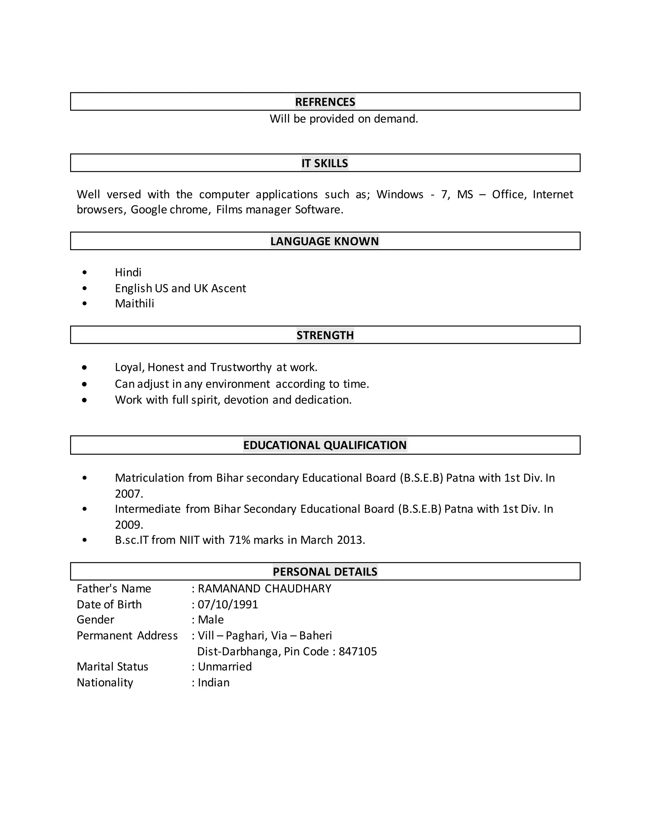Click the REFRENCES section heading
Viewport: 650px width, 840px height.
(325, 102)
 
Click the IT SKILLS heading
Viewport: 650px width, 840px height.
(325, 163)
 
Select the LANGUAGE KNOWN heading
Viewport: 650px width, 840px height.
(325, 241)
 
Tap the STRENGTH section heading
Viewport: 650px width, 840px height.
(325, 335)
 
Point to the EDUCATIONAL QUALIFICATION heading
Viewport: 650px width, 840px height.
(325, 445)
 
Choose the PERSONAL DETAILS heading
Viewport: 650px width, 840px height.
(325, 572)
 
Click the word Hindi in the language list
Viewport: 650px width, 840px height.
(128, 272)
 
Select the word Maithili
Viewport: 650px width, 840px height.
(134, 303)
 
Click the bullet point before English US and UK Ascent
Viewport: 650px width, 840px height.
(85, 288)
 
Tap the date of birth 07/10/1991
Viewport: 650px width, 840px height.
(228, 604)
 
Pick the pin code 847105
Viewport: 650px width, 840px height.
(358, 651)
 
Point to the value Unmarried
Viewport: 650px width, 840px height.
(224, 667)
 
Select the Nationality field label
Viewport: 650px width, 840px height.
(105, 682)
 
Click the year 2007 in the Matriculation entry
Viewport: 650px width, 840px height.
(128, 494)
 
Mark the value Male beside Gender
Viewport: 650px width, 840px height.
(211, 620)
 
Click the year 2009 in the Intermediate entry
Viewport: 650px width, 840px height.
(128, 525)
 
